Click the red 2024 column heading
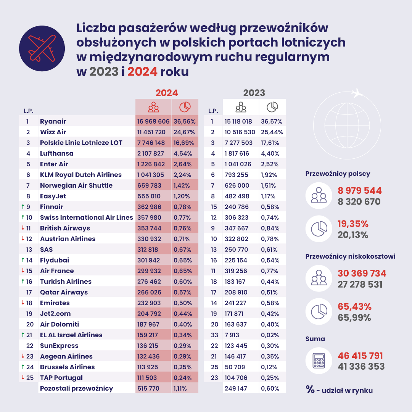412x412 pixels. click(167, 93)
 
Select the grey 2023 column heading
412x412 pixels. click(254, 93)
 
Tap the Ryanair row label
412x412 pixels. click(53, 121)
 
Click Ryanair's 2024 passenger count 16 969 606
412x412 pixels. click(153, 121)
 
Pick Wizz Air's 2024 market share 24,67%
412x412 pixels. click(185, 132)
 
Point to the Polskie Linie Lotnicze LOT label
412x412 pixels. click(81, 143)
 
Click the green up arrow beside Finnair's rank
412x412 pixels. click(23, 207)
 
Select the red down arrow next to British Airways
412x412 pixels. click(23, 228)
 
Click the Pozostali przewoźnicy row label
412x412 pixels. click(76, 388)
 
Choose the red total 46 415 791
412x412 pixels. click(360, 356)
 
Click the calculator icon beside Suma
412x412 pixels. click(318, 360)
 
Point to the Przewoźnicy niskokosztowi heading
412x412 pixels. click(350, 256)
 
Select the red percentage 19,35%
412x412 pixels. click(353, 224)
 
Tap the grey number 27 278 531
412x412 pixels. click(360, 285)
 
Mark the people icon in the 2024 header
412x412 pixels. click(153, 107)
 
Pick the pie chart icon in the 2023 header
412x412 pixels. click(272, 107)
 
